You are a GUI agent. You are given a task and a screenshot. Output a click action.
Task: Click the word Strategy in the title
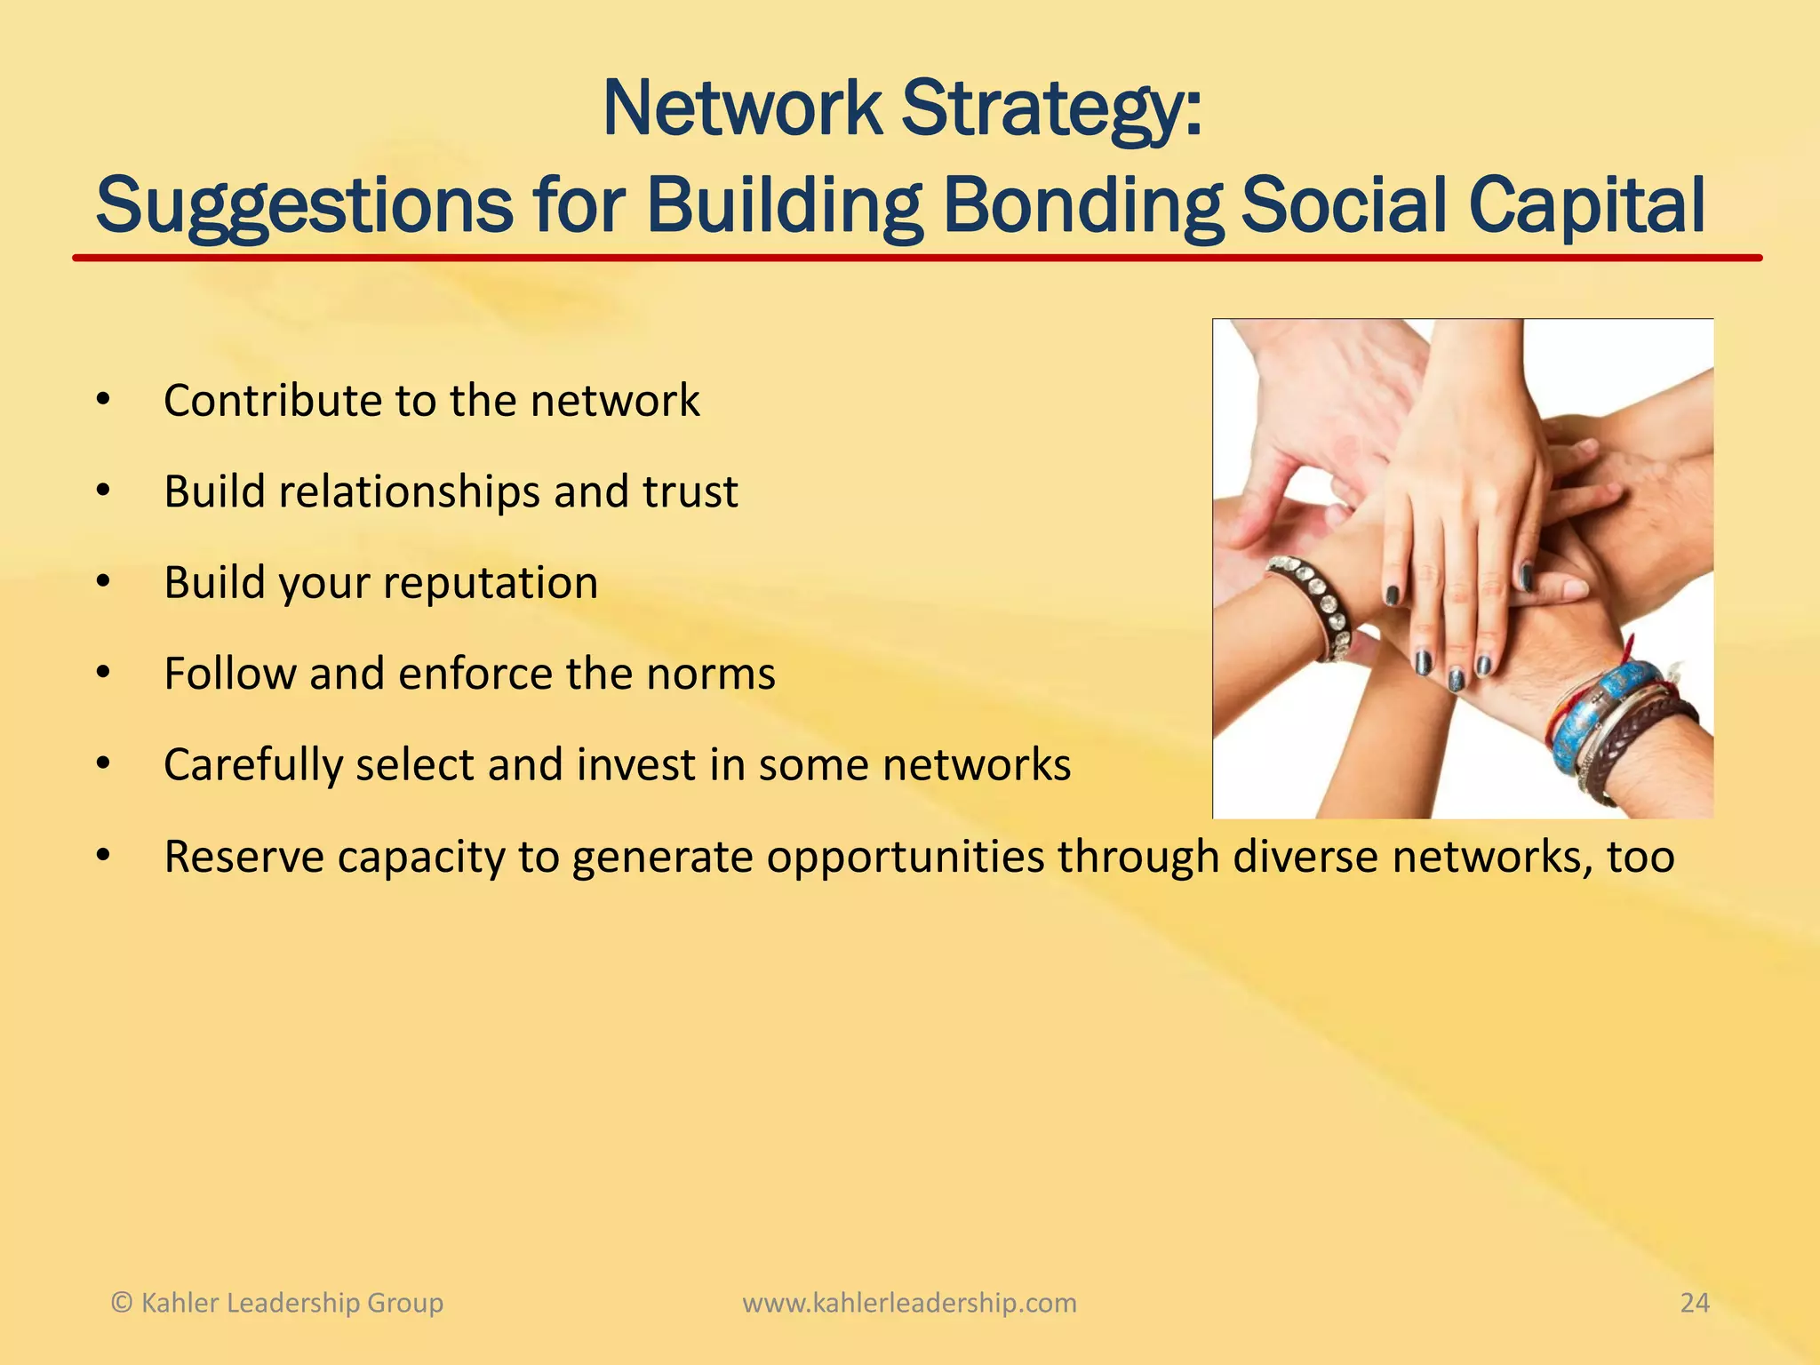pos(1052,110)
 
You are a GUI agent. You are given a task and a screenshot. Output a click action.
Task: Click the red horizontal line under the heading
pos(915,258)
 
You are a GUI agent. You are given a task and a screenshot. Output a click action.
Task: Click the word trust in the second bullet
pos(690,491)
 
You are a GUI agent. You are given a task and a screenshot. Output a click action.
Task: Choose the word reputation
pos(491,584)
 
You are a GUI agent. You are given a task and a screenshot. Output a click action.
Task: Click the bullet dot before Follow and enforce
pos(103,674)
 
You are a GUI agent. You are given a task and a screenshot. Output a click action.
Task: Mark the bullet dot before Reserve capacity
pos(103,857)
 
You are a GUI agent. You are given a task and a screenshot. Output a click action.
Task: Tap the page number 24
pos(1694,1303)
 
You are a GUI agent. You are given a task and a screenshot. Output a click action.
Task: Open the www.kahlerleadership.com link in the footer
pos(909,1303)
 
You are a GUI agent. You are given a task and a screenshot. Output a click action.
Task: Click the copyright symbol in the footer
pos(122,1303)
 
